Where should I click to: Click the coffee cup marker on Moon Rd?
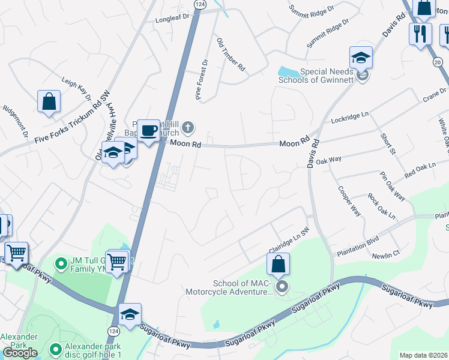tap(148, 130)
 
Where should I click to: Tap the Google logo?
tap(20, 353)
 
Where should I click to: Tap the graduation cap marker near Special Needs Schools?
tap(361, 58)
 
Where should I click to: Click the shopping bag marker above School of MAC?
tap(278, 263)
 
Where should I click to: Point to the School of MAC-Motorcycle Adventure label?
tap(243, 288)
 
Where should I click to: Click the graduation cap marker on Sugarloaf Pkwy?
tap(130, 314)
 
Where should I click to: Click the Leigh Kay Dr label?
tap(76, 88)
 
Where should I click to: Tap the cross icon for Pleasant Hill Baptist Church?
tap(188, 127)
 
